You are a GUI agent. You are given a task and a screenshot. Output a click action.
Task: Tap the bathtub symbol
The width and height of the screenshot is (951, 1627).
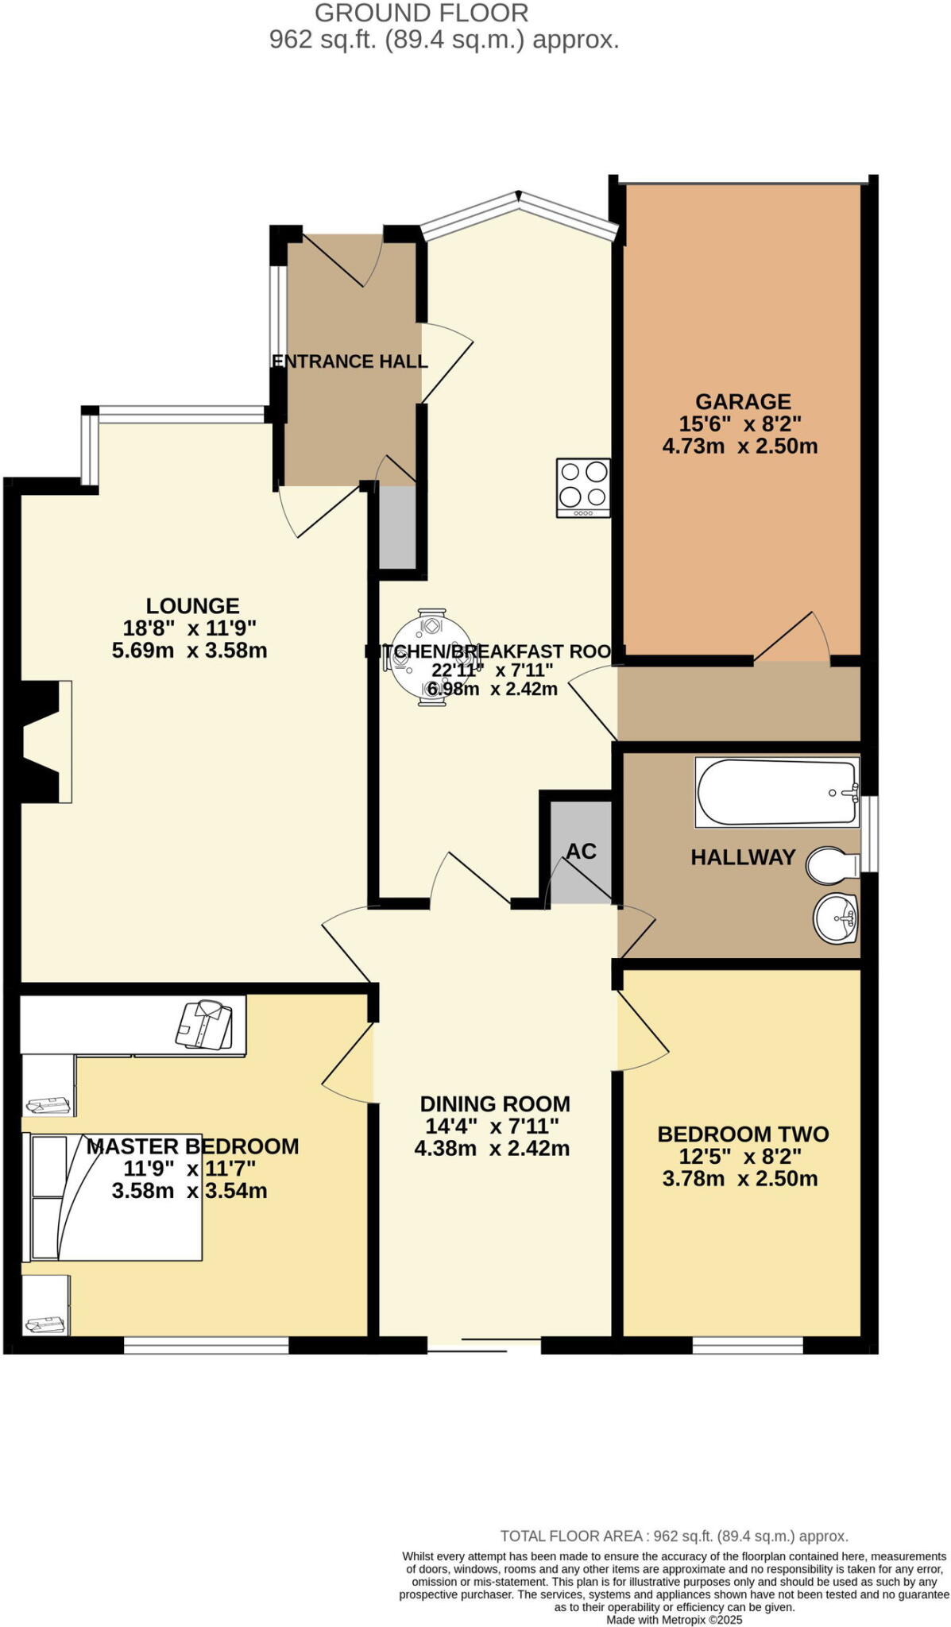click(x=777, y=792)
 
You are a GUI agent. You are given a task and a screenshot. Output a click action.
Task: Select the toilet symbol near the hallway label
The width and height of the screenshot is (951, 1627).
click(x=832, y=864)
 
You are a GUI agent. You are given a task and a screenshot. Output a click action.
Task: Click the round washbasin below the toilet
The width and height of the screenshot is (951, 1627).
click(x=836, y=919)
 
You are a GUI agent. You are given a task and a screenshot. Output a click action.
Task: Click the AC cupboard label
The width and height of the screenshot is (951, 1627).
click(x=581, y=851)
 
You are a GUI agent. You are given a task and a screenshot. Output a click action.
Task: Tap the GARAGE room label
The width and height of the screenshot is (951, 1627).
click(x=743, y=401)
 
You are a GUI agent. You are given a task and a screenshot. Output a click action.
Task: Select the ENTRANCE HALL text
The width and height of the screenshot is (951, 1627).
click(x=350, y=361)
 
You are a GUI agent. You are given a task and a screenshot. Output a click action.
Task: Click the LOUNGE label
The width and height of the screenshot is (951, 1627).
click(x=192, y=606)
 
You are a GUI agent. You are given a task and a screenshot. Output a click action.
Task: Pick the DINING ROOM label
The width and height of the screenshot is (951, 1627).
click(x=495, y=1103)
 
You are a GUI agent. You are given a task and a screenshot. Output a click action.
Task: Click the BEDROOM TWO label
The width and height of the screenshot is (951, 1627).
click(x=743, y=1134)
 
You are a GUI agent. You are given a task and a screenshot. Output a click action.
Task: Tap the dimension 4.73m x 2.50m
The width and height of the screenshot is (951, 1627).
click(x=740, y=446)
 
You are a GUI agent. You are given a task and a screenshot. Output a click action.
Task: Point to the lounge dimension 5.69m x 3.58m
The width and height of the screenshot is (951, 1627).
click(x=190, y=651)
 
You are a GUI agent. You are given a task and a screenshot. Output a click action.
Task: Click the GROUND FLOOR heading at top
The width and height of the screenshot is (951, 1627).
click(x=421, y=13)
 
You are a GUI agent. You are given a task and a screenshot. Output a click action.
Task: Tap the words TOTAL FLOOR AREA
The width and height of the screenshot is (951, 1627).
click(x=570, y=1536)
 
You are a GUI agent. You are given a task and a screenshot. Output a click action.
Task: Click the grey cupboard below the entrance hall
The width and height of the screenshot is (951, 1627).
click(x=397, y=528)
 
